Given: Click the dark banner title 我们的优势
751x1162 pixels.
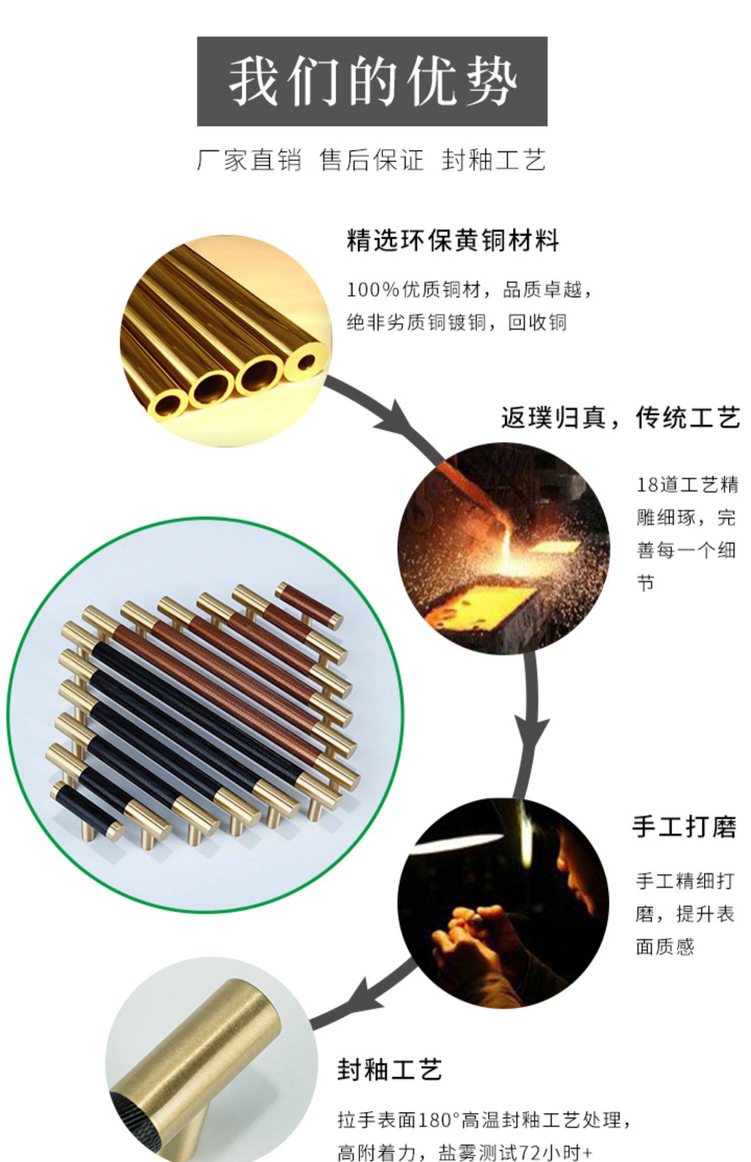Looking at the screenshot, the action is (372, 82).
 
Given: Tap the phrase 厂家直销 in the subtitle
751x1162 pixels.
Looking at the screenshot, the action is (249, 160).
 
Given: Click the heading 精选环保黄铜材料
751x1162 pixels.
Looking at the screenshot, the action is (453, 241).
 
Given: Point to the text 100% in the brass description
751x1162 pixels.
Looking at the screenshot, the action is (372, 290).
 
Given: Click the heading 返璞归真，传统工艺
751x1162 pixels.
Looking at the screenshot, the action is (620, 417).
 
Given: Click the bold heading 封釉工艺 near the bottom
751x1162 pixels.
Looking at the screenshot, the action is (390, 1070).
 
